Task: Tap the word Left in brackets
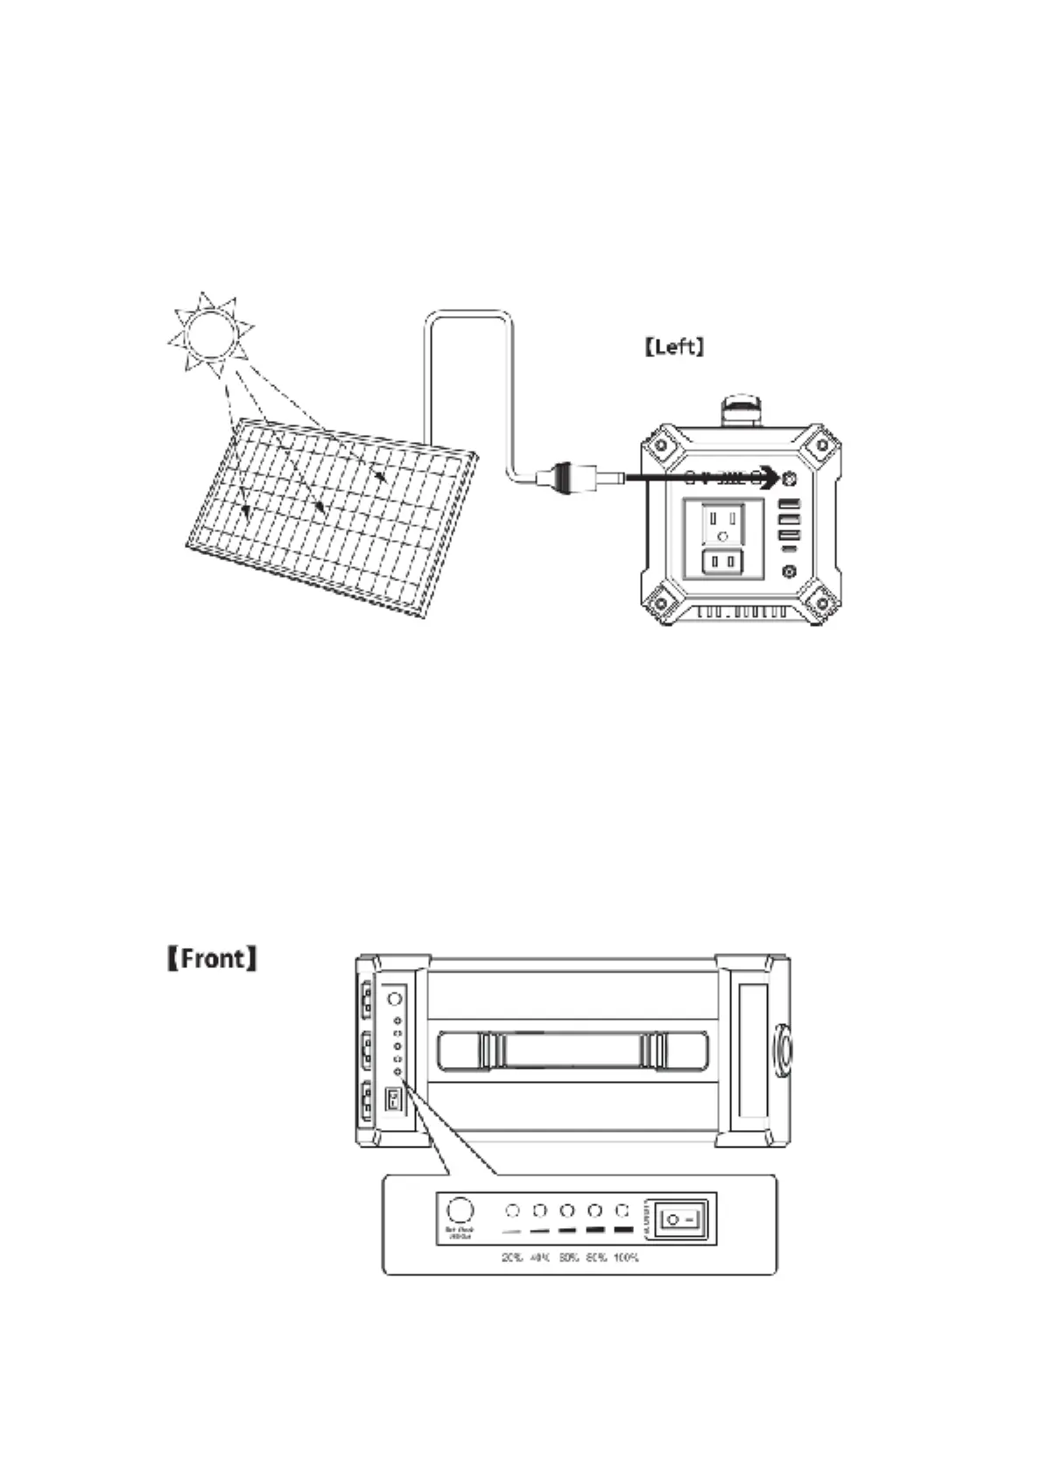[673, 347]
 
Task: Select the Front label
[213, 958]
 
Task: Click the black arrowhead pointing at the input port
[768, 477]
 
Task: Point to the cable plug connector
[560, 478]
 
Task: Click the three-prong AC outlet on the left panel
[722, 523]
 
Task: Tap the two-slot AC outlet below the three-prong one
[722, 560]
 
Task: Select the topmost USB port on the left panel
[789, 505]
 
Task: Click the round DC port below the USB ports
[789, 571]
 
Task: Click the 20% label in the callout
[512, 1258]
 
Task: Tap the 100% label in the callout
[625, 1258]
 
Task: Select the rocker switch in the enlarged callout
[681, 1218]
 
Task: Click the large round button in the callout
[460, 1211]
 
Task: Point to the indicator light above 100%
[623, 1211]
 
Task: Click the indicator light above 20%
[513, 1211]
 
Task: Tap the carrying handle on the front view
[573, 1050]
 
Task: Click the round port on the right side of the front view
[782, 1049]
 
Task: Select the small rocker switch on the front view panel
[394, 1100]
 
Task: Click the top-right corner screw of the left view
[821, 445]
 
